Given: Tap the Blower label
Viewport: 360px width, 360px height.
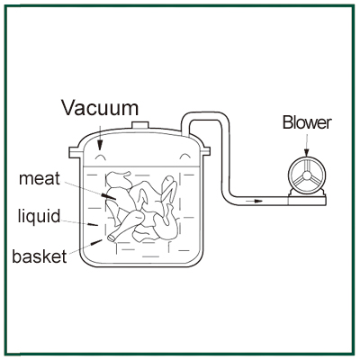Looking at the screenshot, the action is coord(307,122).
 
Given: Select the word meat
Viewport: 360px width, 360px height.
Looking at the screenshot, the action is coord(40,178).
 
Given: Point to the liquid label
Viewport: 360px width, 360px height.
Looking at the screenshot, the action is coord(40,217).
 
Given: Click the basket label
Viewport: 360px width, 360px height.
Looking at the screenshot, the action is coord(40,256).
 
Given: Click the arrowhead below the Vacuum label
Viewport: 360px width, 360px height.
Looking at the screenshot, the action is coord(99,145).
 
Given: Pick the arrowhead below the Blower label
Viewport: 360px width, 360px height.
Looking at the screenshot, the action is coord(306,152).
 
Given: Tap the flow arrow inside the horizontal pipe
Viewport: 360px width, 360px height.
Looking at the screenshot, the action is coord(254,201).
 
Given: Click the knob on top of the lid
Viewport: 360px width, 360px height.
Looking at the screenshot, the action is coord(140,124).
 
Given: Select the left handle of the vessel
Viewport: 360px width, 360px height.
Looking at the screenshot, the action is coord(76,152).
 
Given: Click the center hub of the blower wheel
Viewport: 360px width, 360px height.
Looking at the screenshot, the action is coord(307,175).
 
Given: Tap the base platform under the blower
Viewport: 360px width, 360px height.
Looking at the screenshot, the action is coord(307,201).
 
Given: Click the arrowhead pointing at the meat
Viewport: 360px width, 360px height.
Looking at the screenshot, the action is coord(109,197).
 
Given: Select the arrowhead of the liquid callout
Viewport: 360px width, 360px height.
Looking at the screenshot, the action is coord(93,224).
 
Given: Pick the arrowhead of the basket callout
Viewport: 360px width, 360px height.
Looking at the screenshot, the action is coord(96,242).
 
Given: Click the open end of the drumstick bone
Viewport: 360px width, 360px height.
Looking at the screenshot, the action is coord(112,238).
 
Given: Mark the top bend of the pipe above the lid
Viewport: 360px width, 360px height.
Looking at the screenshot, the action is coord(205,116).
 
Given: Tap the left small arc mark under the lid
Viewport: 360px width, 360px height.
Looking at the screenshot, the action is coord(100,156).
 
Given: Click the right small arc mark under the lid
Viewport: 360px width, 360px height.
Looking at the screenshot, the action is coord(184,156).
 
